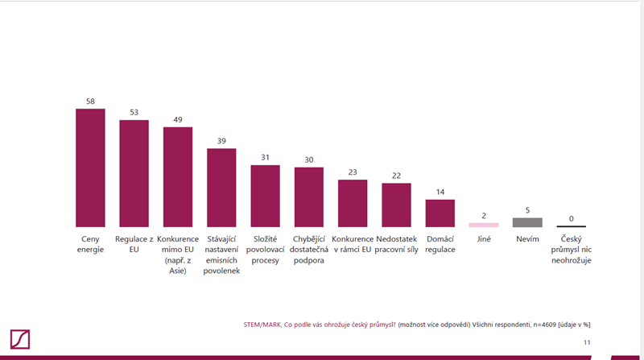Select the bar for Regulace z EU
click(x=134, y=173)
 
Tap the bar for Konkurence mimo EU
click(x=178, y=177)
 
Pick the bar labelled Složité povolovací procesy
click(x=265, y=196)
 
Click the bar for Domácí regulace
click(x=440, y=213)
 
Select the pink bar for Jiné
click(x=484, y=225)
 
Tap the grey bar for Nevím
click(x=527, y=222)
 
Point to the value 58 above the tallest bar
click(x=90, y=101)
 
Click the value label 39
click(x=221, y=141)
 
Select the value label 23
click(x=353, y=172)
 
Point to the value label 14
click(x=440, y=192)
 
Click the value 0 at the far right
click(x=572, y=218)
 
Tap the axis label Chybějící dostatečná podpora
click(x=308, y=250)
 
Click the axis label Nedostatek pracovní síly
click(x=396, y=244)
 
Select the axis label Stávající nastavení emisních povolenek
click(x=221, y=254)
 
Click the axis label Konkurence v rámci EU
click(x=353, y=244)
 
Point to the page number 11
click(x=587, y=342)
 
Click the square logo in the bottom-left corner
click(x=20, y=339)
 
